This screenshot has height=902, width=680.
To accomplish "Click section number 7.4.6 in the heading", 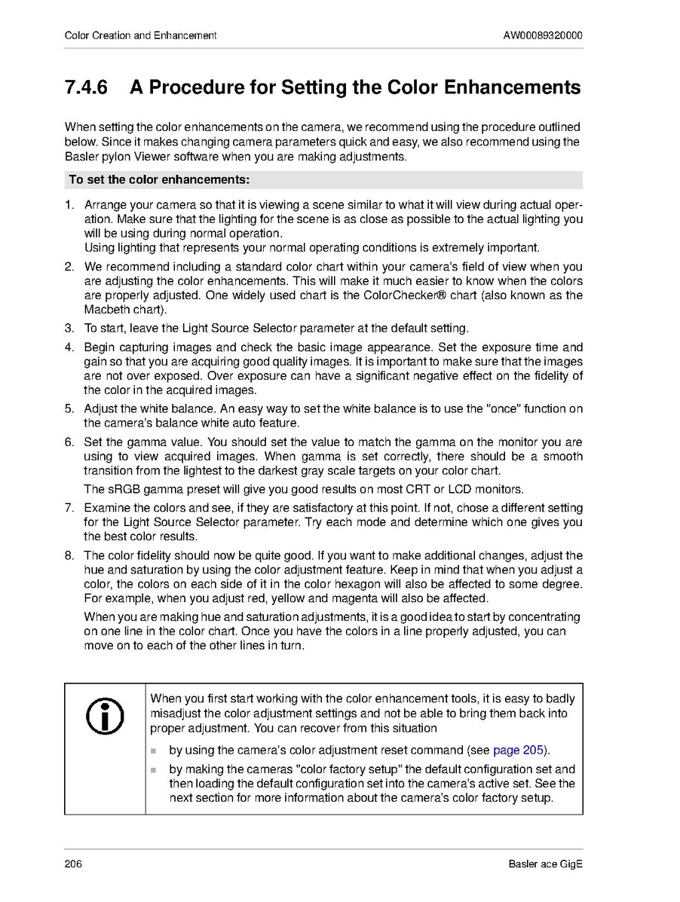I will (x=87, y=87).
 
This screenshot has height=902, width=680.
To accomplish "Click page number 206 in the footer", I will (x=73, y=864).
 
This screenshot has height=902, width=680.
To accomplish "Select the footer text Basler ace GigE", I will (x=546, y=864).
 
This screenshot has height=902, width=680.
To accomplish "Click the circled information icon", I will (x=105, y=718).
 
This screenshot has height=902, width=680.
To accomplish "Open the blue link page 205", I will (x=519, y=750).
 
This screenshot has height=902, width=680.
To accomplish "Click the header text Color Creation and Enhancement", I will (x=141, y=35).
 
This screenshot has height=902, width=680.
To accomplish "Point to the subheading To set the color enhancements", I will (x=159, y=180).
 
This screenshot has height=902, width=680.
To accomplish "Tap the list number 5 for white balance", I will (x=69, y=409).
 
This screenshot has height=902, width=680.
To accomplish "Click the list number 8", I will (x=69, y=556).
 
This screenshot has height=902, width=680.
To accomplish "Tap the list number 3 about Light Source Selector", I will (x=69, y=329).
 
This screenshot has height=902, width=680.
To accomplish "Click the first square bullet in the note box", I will (x=155, y=751).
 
